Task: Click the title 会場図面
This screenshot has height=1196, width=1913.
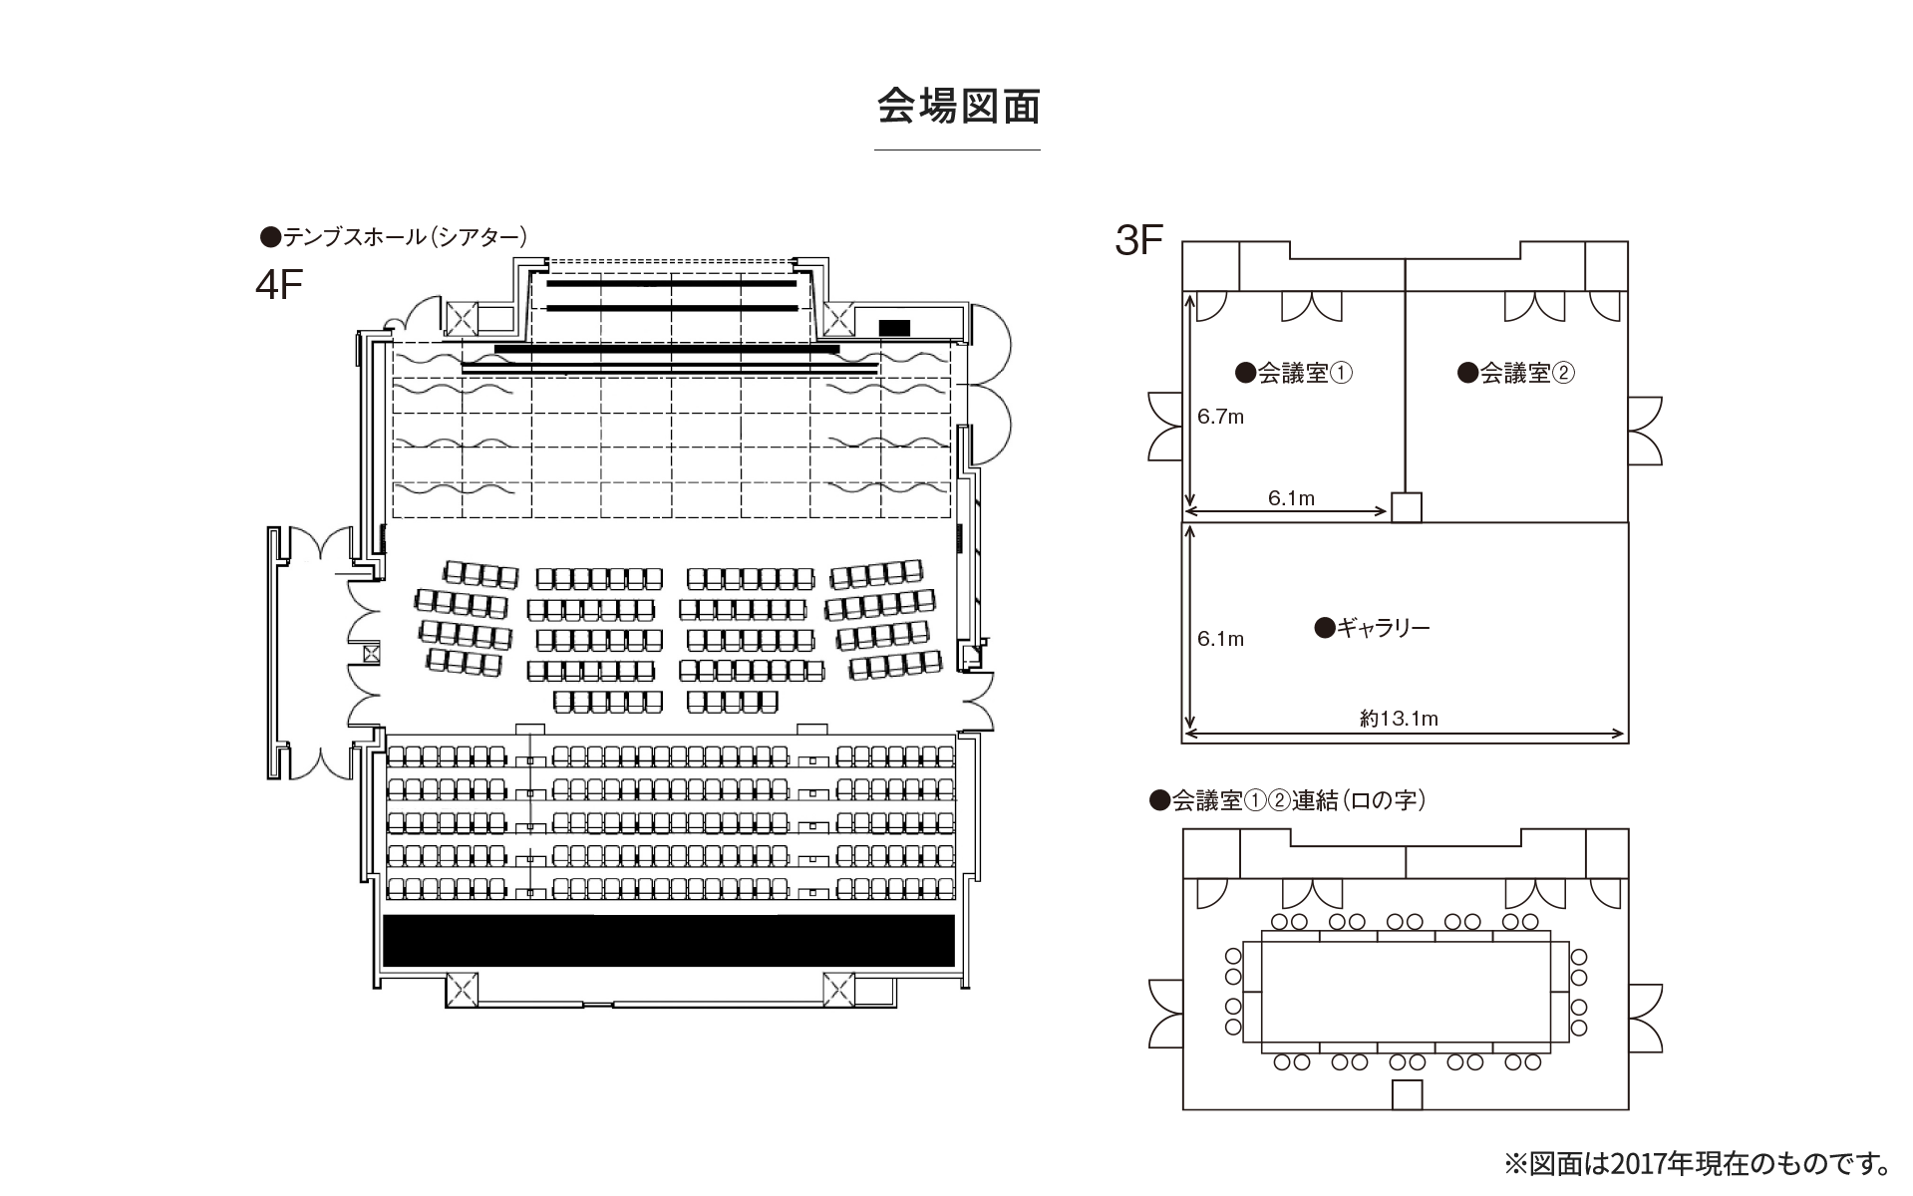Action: [x=958, y=107]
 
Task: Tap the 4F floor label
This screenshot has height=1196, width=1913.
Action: [x=279, y=285]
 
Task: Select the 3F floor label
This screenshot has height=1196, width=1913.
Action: [x=1139, y=241]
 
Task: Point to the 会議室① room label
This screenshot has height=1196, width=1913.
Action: [x=1294, y=374]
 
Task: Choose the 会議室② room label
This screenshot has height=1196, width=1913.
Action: [x=1516, y=374]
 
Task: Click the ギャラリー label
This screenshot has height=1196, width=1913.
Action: [x=1373, y=628]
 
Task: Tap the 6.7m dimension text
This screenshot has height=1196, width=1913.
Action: [x=1220, y=418]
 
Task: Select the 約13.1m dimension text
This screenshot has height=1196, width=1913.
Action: [x=1399, y=719]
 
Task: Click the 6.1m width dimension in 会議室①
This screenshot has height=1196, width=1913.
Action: [x=1291, y=498]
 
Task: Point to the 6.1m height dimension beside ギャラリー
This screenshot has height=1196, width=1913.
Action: [x=1220, y=639]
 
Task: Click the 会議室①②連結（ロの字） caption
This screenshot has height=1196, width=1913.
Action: [x=1288, y=800]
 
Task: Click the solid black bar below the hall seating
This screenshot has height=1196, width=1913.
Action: [x=669, y=940]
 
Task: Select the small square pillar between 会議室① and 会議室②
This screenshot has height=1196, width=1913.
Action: [x=1406, y=507]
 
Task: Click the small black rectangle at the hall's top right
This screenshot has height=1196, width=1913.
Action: [x=894, y=327]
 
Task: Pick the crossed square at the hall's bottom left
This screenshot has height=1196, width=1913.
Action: [x=462, y=990]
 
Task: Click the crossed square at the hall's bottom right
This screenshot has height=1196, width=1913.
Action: [x=838, y=990]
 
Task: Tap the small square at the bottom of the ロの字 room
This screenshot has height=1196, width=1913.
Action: [x=1407, y=1094]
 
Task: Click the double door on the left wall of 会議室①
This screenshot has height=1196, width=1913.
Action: [x=1163, y=427]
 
